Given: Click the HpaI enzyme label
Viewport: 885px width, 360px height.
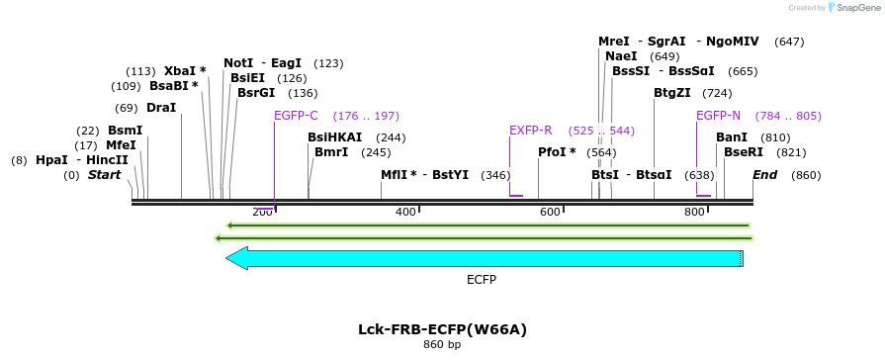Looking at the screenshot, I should tap(51, 160).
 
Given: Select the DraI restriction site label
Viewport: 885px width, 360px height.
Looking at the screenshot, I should tap(161, 108).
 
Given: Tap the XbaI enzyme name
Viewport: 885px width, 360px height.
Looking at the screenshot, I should tap(180, 71).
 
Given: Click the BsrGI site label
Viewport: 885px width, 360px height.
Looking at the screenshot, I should tap(256, 93).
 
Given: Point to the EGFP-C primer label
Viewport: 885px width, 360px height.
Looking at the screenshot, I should tap(296, 116).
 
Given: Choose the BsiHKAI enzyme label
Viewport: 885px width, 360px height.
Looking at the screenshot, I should tap(335, 137).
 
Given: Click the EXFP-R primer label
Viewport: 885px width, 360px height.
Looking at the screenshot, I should tap(530, 131).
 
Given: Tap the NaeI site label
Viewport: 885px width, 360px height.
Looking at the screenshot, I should tap(621, 56).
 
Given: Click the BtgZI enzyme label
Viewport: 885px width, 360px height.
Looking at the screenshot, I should tap(672, 93).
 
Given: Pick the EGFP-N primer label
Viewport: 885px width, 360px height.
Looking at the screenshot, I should tap(718, 116).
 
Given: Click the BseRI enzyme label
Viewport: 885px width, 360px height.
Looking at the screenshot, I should tap(744, 152).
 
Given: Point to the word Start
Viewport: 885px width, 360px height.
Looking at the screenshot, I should tap(105, 175).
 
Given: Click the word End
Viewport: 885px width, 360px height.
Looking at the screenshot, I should tap(764, 175).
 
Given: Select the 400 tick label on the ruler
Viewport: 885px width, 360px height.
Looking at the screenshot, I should tap(405, 213).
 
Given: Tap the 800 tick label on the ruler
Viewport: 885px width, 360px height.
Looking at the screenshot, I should tap(694, 213).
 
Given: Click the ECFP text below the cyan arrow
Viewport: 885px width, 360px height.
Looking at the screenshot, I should tap(482, 280).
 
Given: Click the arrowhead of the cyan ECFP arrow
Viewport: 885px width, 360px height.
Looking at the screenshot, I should tap(235, 258).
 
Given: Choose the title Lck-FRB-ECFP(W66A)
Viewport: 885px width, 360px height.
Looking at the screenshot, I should tap(442, 329).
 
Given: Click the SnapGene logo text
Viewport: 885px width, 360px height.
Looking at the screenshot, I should tap(856, 7).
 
